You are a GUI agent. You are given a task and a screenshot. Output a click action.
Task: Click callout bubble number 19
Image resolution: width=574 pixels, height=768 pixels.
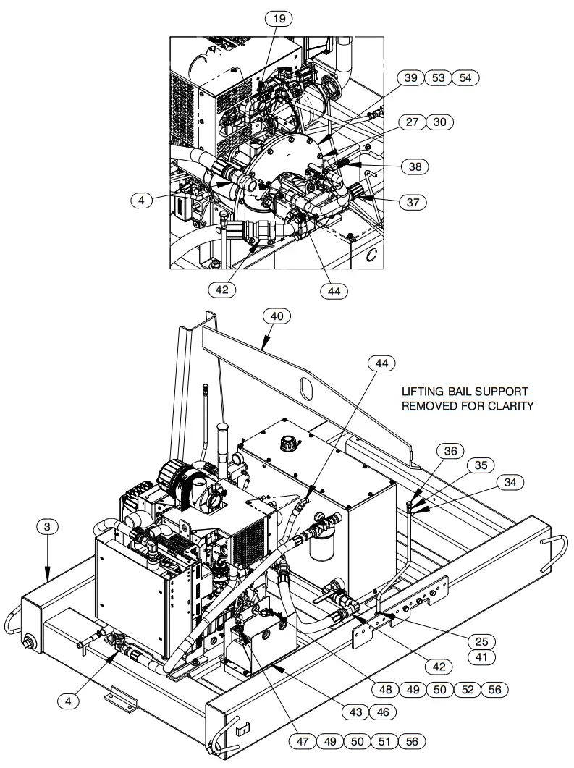pyautogui.click(x=279, y=20)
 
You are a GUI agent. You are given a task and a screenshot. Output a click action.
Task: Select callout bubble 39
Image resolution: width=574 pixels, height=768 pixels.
pyautogui.click(x=410, y=78)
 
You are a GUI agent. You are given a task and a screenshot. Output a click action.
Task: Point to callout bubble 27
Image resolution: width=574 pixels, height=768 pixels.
pyautogui.click(x=412, y=122)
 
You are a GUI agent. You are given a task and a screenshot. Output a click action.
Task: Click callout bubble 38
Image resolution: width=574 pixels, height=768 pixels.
pyautogui.click(x=414, y=166)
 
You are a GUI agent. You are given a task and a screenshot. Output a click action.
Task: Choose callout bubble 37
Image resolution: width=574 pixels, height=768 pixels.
pyautogui.click(x=412, y=203)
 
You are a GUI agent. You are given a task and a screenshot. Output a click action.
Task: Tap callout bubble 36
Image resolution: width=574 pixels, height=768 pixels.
pyautogui.click(x=451, y=450)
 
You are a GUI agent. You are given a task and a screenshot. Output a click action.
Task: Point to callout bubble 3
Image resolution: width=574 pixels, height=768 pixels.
pyautogui.click(x=48, y=527)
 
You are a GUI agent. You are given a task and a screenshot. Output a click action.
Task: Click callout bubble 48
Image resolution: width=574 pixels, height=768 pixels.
pyautogui.click(x=385, y=690)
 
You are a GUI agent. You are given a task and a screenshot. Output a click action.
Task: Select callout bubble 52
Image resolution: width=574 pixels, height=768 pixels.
pyautogui.click(x=468, y=690)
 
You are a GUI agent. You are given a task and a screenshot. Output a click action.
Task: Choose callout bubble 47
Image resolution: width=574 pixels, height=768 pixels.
pyautogui.click(x=302, y=741)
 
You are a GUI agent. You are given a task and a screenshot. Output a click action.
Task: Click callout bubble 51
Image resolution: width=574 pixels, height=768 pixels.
pyautogui.click(x=384, y=741)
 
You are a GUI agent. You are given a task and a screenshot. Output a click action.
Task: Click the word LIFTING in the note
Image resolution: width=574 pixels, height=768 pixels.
pyautogui.click(x=425, y=392)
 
